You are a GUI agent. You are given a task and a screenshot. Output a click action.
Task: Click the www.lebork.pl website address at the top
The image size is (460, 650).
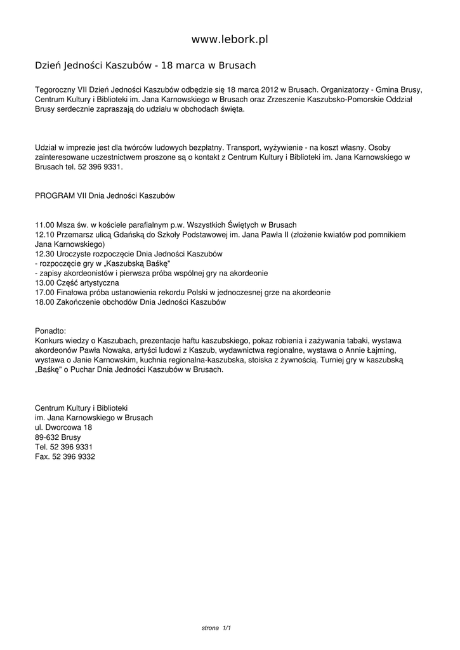230,39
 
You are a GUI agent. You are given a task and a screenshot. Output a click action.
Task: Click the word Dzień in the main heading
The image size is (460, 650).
48,65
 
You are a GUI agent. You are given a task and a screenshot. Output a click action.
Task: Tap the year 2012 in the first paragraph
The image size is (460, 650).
268,90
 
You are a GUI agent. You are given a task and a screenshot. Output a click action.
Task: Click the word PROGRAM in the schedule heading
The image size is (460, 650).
55,196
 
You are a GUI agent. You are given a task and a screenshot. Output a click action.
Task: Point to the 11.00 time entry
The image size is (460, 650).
44,225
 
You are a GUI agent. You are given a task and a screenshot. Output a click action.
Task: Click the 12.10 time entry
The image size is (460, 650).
44,234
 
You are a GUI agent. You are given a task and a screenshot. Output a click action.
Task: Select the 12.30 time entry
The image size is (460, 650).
44,254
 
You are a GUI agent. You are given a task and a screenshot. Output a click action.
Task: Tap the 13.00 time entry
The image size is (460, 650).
44,282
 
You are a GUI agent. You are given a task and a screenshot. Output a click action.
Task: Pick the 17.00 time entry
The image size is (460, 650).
44,292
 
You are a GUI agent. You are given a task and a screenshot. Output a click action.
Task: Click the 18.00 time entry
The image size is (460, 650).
44,302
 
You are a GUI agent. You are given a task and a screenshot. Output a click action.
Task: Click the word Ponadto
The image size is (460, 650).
51,331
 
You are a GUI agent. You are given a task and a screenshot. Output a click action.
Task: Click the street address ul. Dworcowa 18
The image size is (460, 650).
63,427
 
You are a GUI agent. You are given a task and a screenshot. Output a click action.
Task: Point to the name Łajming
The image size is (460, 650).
380,350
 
